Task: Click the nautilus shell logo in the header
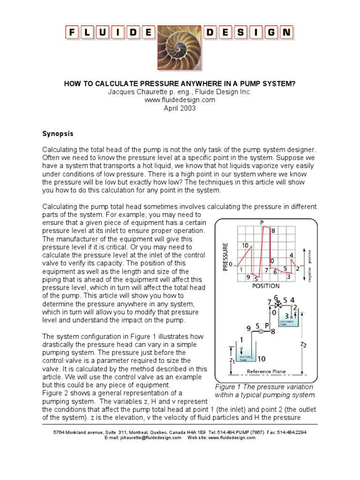(x=180, y=45)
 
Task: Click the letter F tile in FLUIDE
(x=73, y=32)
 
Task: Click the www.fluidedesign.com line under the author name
(x=180, y=99)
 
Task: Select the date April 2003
(x=180, y=108)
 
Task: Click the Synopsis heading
(x=58, y=134)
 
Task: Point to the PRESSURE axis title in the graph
(x=225, y=256)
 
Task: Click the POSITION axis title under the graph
(x=266, y=285)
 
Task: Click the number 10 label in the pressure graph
(x=245, y=245)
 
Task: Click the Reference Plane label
(x=266, y=372)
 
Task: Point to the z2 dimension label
(x=303, y=345)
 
